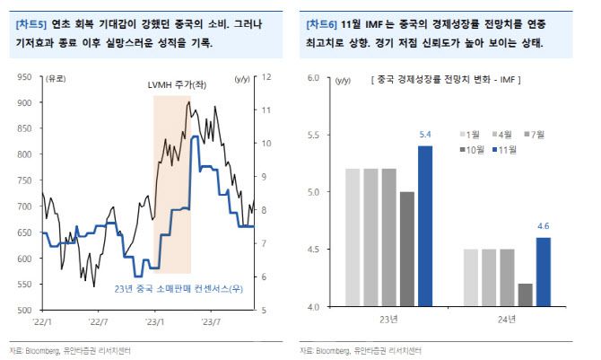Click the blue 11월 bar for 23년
tap(425, 226)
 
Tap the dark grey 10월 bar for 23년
tap(407, 249)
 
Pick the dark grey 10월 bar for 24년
tap(526, 295)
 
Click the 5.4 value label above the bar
tap(425, 136)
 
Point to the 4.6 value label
tap(544, 228)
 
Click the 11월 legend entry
tap(510, 150)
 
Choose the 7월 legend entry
tap(534, 134)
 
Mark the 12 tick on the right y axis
tap(266, 78)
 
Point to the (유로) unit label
tap(56, 78)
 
